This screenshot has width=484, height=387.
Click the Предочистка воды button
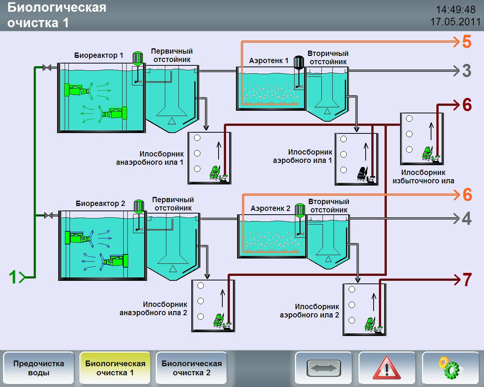click(39, 368)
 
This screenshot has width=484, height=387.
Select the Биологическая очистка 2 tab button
click(191, 368)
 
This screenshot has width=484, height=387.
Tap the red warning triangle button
click(387, 368)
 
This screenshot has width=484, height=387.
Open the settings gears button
click(450, 368)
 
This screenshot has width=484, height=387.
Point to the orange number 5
click(467, 42)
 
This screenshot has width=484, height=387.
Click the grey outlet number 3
click(467, 71)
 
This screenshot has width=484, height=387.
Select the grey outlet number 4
click(467, 218)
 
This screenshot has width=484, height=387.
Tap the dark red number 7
click(467, 280)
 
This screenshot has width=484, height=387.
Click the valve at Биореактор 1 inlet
click(47, 68)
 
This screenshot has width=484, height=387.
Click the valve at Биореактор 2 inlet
click(48, 215)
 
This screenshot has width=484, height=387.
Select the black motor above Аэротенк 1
click(299, 62)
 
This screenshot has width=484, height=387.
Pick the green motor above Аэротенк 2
click(300, 210)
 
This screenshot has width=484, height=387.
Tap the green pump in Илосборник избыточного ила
click(428, 153)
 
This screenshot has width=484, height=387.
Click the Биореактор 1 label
click(99, 56)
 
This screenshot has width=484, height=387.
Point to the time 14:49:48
click(456, 9)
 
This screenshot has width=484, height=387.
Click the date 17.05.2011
click(455, 22)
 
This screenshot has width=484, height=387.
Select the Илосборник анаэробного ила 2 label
click(154, 308)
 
